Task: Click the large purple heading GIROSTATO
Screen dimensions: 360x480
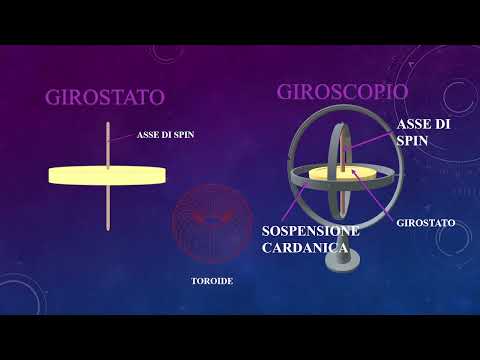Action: pos(104,98)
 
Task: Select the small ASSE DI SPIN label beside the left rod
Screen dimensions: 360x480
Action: pos(165,136)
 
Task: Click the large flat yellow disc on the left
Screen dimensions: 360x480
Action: pos(108,175)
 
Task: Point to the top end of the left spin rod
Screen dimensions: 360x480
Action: pos(108,125)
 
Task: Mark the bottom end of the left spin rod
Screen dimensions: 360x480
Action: pos(108,229)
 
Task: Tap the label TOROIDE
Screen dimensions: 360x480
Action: pos(211,281)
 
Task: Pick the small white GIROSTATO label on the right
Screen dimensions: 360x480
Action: pos(419,222)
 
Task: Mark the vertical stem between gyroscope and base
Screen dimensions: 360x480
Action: pos(344,240)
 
